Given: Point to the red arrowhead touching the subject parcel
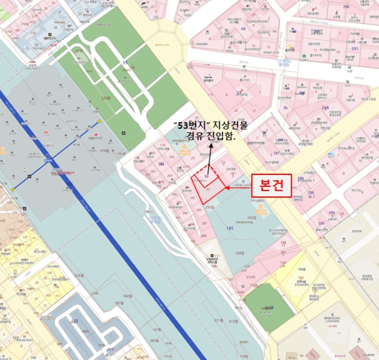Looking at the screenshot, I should pyautogui.click(x=228, y=188).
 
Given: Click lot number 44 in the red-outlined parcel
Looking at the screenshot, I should pyautogui.click(x=208, y=189).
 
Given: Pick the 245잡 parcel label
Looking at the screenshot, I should pyautogui.click(x=251, y=218).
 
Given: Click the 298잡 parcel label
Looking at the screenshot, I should pyautogui.click(x=240, y=253).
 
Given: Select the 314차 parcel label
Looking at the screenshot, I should pyautogui.click(x=250, y=277).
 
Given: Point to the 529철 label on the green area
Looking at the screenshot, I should pyautogui.click(x=106, y=98).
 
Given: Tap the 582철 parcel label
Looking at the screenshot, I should pyautogui.click(x=127, y=296).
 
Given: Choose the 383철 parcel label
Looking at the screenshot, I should pyautogui.click(x=154, y=341).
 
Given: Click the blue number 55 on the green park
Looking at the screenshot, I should pyautogui.click(x=125, y=63).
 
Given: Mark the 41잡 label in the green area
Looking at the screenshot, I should pyautogui.click(x=79, y=51).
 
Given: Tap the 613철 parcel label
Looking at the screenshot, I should pyautogui.click(x=234, y=321).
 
